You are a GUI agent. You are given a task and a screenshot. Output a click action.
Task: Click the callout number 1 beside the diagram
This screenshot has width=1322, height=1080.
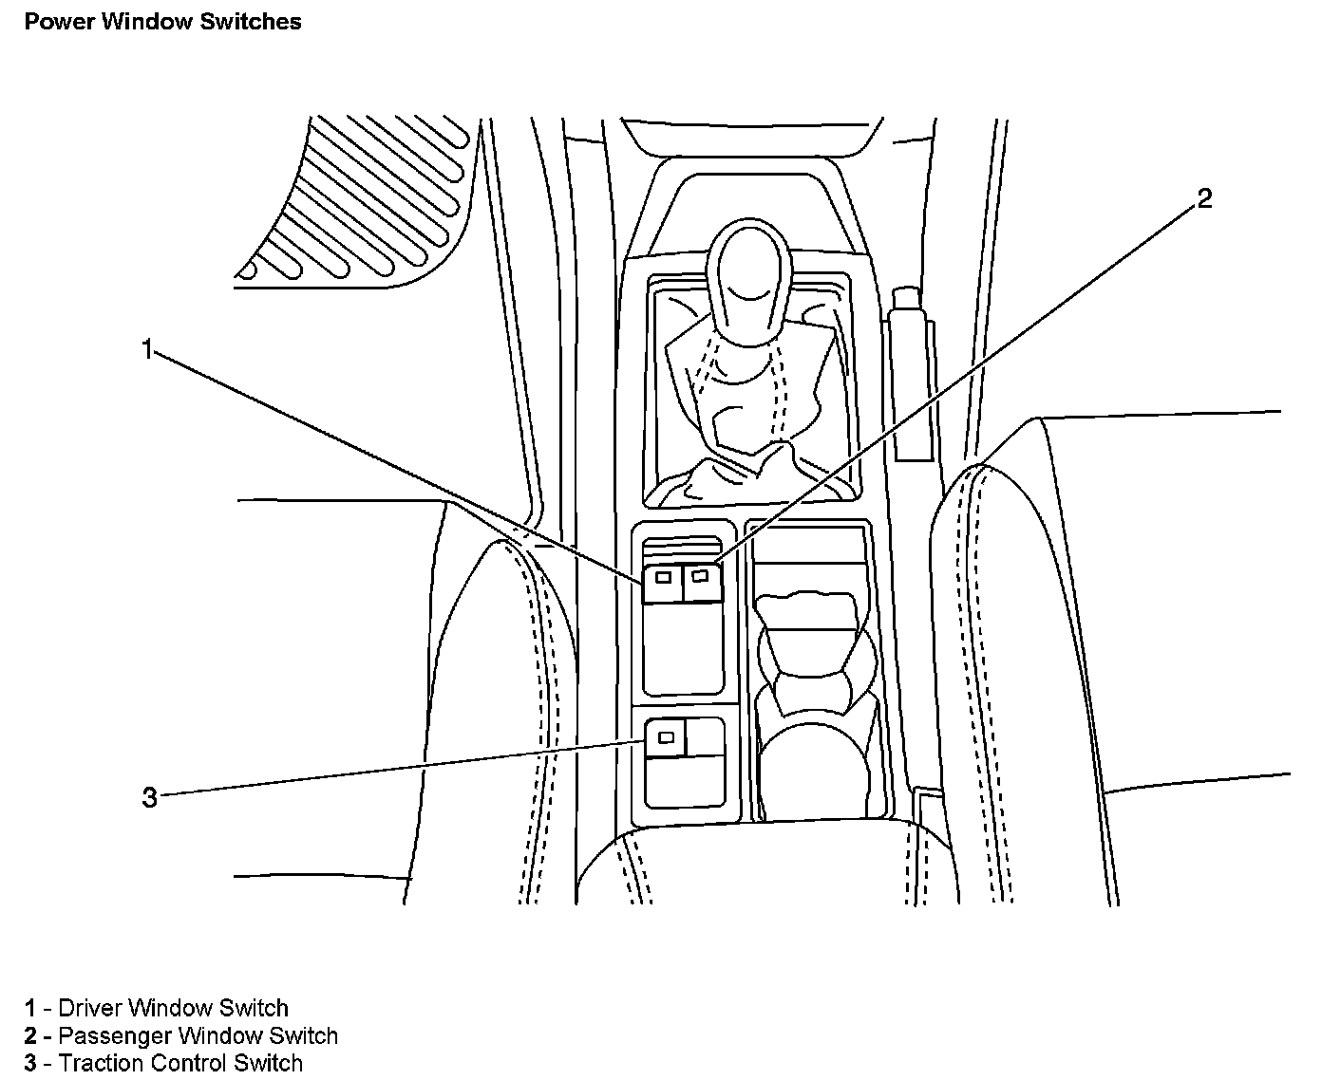pos(147,349)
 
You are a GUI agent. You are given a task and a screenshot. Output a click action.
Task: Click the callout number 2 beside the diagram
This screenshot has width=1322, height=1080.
pos(1204,199)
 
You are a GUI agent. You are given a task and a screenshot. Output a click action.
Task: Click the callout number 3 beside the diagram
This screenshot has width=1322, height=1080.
pos(149,798)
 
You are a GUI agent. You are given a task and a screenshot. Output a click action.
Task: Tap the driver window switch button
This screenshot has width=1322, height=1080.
pos(663,583)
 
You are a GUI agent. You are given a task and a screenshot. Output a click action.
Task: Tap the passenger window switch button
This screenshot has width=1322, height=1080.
pos(703,582)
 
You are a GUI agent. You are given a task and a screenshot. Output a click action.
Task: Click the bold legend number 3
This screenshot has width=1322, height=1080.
pos(30,1063)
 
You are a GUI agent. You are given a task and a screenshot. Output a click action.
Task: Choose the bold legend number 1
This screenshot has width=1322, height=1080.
pos(30,1008)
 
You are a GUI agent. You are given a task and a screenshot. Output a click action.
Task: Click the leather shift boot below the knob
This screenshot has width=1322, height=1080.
pos(750,418)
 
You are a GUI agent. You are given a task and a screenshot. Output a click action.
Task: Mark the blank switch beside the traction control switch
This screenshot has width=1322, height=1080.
pos(705,737)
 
